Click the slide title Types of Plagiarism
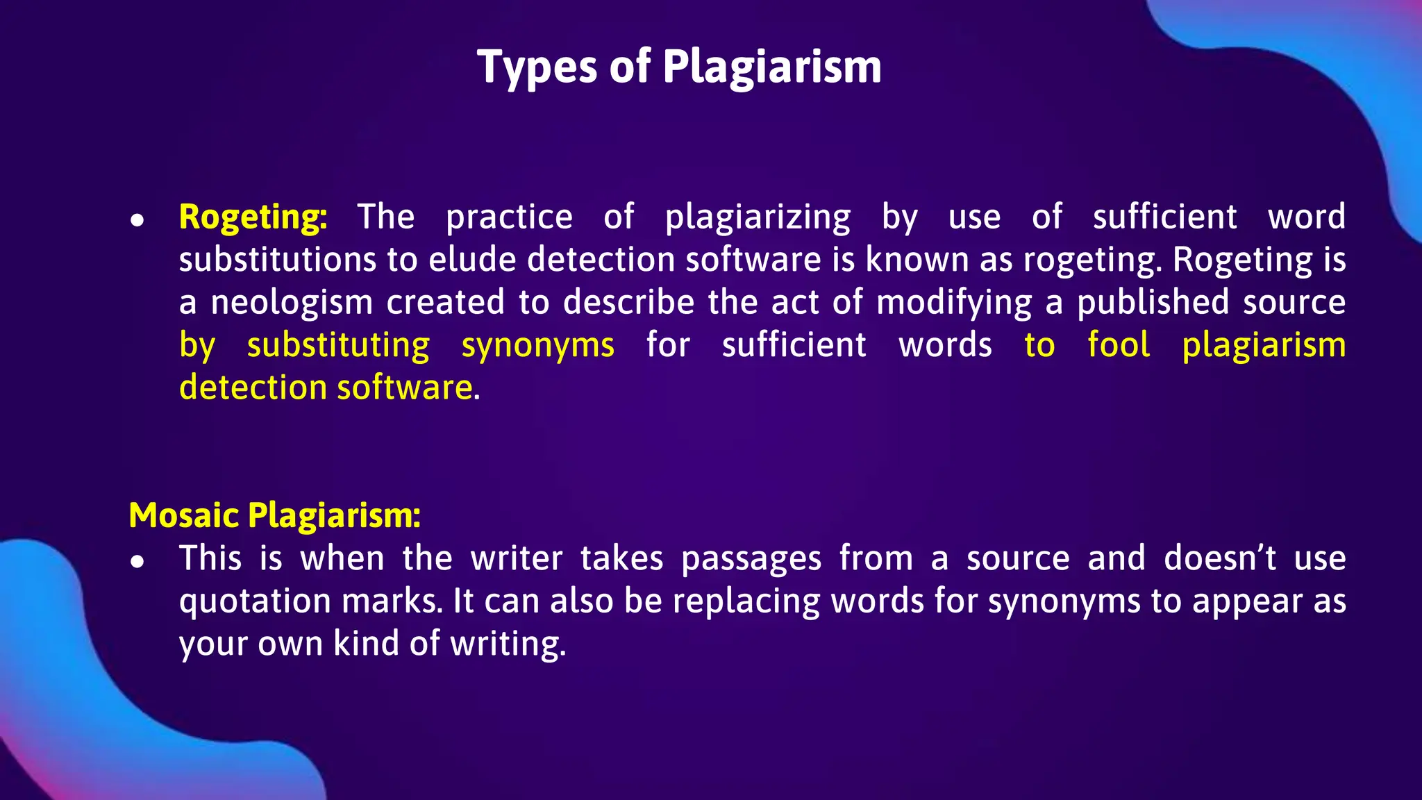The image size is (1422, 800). click(x=679, y=67)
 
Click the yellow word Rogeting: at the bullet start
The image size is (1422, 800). click(x=253, y=217)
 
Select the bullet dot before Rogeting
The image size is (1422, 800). click(x=137, y=220)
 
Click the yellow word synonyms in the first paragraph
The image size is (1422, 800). click(x=537, y=346)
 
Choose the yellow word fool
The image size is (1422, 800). click(x=1119, y=345)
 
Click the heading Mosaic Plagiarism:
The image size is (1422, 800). click(x=275, y=516)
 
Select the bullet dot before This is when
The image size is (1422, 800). click(x=137, y=562)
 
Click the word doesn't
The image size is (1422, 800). click(x=1220, y=558)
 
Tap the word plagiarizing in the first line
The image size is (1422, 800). click(x=758, y=217)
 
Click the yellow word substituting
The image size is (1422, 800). click(x=338, y=345)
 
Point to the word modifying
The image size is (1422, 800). click(x=954, y=303)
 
